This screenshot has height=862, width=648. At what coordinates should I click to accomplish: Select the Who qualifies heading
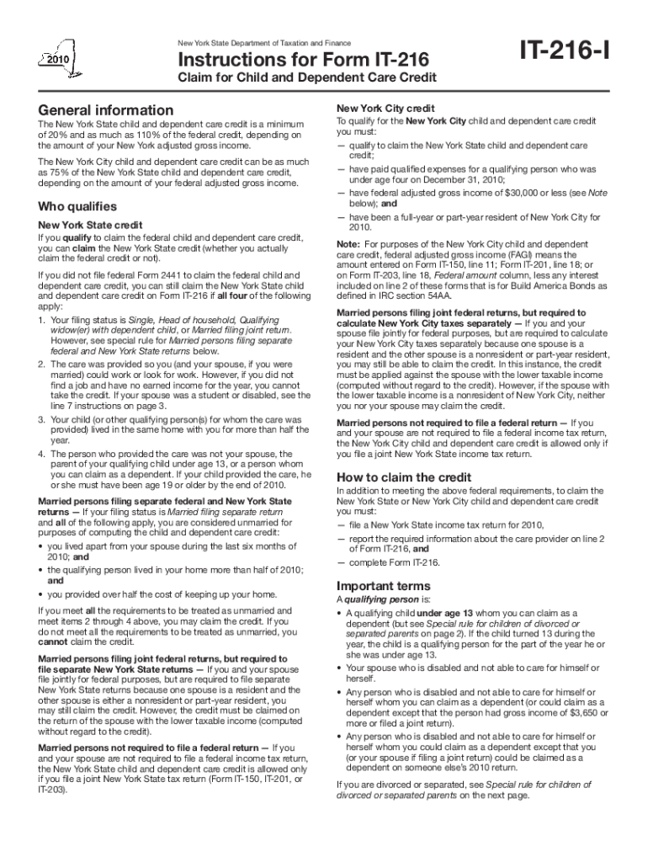click(77, 207)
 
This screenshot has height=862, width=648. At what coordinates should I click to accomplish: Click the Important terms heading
click(383, 586)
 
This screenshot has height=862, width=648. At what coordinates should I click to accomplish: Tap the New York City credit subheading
click(385, 109)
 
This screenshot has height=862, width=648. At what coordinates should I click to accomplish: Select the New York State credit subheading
click(89, 225)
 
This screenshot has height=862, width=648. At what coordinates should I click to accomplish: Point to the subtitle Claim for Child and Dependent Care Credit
click(305, 78)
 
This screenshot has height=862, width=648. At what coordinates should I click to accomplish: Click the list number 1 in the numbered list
click(41, 321)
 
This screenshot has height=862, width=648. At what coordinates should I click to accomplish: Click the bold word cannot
click(53, 641)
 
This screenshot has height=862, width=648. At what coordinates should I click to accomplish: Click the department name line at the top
click(263, 42)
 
